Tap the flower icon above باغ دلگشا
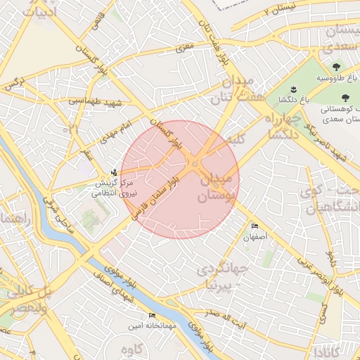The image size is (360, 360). pyautogui.click(x=293, y=89)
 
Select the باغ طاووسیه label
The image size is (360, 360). pyautogui.click(x=336, y=77)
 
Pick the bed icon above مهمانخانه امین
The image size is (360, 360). pyautogui.click(x=151, y=316)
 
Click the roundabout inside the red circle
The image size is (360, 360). pyautogui.click(x=195, y=165)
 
